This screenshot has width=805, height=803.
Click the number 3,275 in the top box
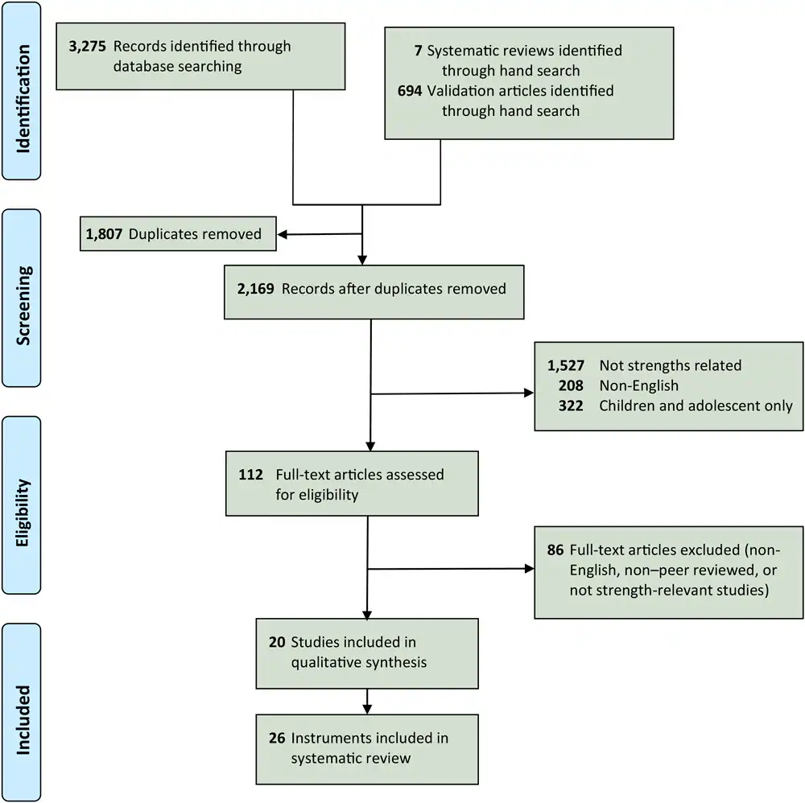pos(89,47)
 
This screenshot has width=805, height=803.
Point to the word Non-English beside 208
pos(639,386)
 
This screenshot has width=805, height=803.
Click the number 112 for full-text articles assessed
pos(250,475)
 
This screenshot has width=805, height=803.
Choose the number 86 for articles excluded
pos(555,550)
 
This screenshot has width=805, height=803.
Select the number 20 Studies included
pos(279,643)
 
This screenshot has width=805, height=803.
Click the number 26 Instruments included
pos(279,737)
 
